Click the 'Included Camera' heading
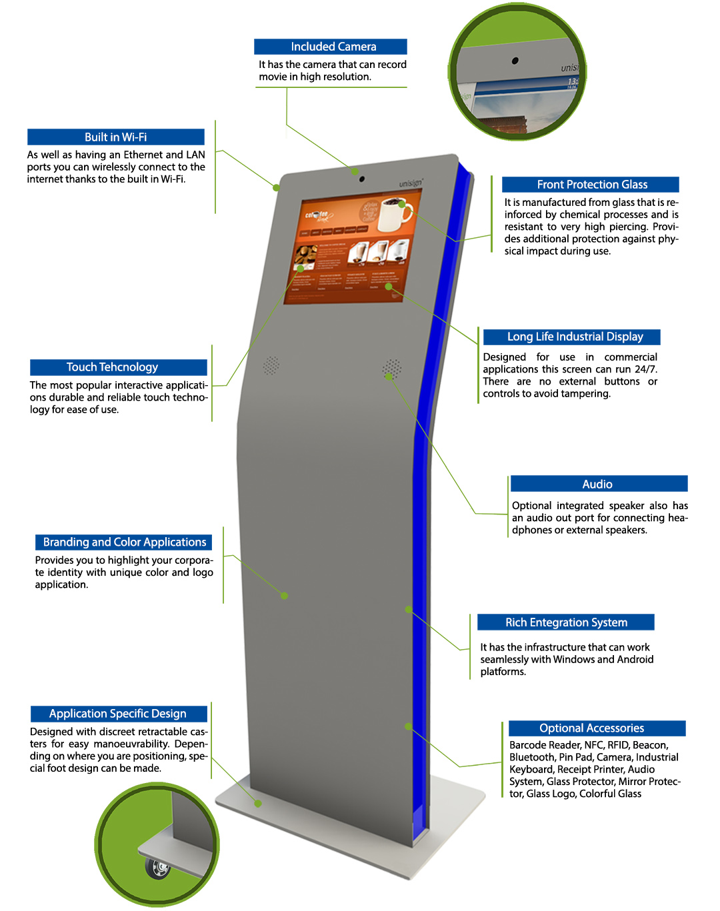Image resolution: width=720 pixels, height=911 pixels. pos(333,47)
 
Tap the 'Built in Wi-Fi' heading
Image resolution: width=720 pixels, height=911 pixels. pos(115,137)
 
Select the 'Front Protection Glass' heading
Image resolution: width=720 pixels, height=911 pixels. pos(592,185)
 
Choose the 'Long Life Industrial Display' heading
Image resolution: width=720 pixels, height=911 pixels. pos(575,337)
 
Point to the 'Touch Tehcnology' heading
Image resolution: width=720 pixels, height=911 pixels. pos(112,367)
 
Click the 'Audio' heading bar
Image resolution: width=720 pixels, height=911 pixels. pos(597,484)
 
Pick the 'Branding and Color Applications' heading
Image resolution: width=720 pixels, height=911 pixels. pos(125,542)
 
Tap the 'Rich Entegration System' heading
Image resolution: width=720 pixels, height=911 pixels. pos(566,622)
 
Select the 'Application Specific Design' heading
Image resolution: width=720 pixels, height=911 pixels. pos(118,714)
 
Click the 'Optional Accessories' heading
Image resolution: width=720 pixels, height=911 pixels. pos(591,728)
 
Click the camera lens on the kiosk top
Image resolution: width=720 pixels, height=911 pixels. pos(361,179)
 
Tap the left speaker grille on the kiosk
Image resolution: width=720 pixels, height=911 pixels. pos(271,365)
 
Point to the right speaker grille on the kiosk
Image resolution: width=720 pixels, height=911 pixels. pos(392,369)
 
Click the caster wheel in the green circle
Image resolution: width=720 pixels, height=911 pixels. pos(159,868)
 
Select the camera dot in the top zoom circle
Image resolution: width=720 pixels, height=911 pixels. pos(515,61)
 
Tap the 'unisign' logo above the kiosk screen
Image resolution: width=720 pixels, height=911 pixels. pos(411,183)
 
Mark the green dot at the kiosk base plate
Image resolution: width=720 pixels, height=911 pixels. pos(258,803)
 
